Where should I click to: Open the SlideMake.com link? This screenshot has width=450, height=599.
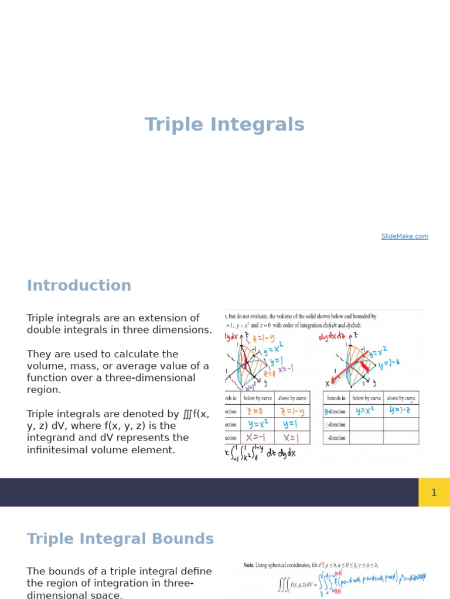pyautogui.click(x=404, y=236)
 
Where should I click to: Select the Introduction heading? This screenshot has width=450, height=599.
pyautogui.click(x=79, y=285)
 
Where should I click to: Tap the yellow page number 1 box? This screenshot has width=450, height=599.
pyautogui.click(x=434, y=493)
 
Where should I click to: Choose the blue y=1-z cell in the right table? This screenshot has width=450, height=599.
pyautogui.click(x=401, y=411)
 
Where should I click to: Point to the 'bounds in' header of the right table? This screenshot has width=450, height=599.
pyautogui.click(x=336, y=398)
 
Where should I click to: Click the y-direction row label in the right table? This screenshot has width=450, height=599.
pyautogui.click(x=336, y=411)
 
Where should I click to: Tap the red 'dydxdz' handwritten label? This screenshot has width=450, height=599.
pyautogui.click(x=333, y=338)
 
